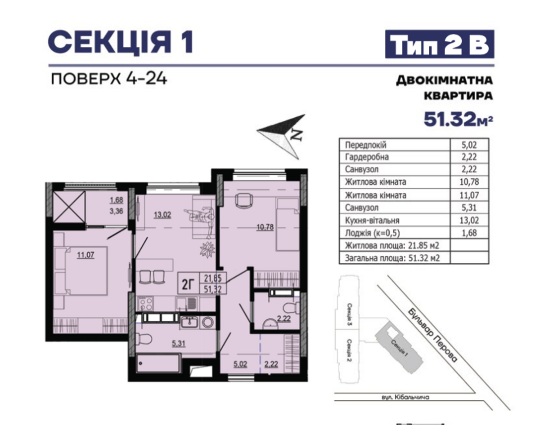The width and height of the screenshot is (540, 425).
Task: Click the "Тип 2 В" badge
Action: [439, 44]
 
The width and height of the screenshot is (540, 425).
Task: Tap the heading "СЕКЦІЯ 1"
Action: [121, 41]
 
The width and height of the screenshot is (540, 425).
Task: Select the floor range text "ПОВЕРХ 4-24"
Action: [109, 79]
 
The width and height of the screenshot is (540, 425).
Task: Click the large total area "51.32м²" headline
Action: [458, 120]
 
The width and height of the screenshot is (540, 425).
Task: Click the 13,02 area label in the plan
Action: [162, 215]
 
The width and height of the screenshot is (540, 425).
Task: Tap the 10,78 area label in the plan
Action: [265, 227]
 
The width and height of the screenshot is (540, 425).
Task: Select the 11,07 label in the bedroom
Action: [85, 255]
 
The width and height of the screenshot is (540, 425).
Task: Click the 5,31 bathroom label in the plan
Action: [178, 344]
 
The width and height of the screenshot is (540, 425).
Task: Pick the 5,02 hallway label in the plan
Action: [240, 364]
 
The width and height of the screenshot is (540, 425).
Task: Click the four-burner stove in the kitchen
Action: [145, 303]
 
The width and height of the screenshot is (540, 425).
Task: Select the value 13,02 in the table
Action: [469, 220]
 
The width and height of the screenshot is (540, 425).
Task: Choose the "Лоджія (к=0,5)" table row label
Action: [373, 233]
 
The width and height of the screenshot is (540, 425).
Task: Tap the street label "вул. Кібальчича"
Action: [405, 397]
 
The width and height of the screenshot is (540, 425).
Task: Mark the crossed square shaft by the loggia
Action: [69, 207]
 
